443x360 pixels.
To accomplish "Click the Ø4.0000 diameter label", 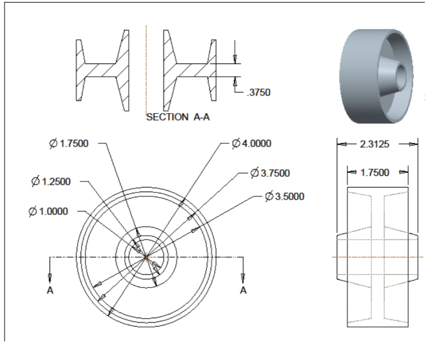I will tap(251, 144).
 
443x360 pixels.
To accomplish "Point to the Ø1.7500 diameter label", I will tap(69, 144).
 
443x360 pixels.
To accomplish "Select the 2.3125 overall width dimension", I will tap(376, 144).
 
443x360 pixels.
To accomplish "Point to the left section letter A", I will tap(50, 290).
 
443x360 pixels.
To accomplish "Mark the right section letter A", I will tap(243, 290).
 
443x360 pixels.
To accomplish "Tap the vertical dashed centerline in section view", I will tap(146, 67).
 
